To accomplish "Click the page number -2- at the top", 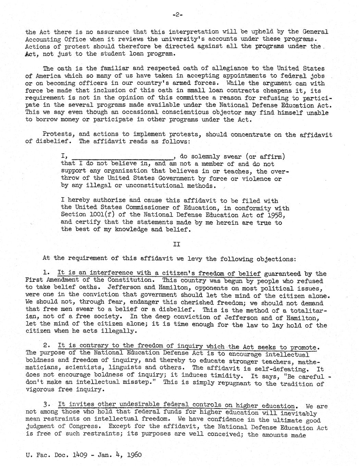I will click(177, 15).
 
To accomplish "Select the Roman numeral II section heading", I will click(176, 244).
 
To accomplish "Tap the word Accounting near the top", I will click(42, 39).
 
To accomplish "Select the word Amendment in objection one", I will click(60, 280).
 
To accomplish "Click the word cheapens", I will click(287, 91).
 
